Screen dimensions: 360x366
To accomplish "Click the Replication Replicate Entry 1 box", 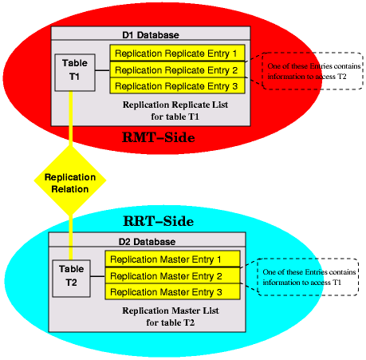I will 176,53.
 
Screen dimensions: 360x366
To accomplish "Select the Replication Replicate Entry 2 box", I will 176,69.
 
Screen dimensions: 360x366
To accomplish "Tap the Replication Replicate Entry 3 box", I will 176,85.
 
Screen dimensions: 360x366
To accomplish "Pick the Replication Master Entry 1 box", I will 172,259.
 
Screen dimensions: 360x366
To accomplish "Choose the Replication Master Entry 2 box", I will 172,275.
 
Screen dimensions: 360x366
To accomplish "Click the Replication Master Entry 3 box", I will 172,291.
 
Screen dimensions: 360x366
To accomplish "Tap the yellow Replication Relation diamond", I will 70,183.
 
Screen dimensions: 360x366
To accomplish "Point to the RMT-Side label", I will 159,137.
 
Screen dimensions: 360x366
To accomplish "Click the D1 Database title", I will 150,35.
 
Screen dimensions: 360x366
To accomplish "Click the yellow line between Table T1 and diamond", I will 72,120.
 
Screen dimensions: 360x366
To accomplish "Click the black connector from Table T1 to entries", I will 101,70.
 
